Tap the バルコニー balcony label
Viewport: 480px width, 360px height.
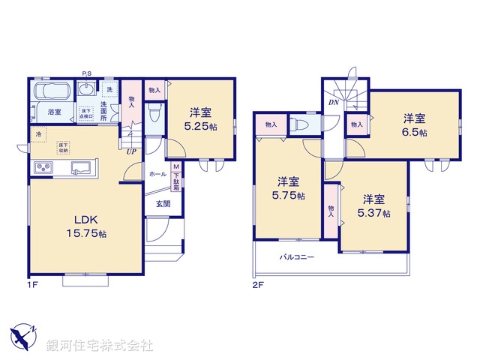(297, 257)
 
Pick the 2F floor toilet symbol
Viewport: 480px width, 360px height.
(302, 124)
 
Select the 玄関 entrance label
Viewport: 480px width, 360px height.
(163, 202)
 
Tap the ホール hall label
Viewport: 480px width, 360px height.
(157, 173)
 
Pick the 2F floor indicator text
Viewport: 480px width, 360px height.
(258, 285)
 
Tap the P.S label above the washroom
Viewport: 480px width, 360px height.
(87, 73)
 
